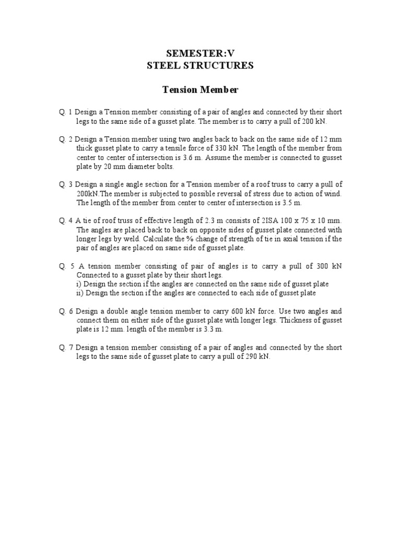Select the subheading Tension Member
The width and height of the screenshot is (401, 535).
[200, 90]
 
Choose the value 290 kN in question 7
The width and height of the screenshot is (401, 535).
[257, 356]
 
